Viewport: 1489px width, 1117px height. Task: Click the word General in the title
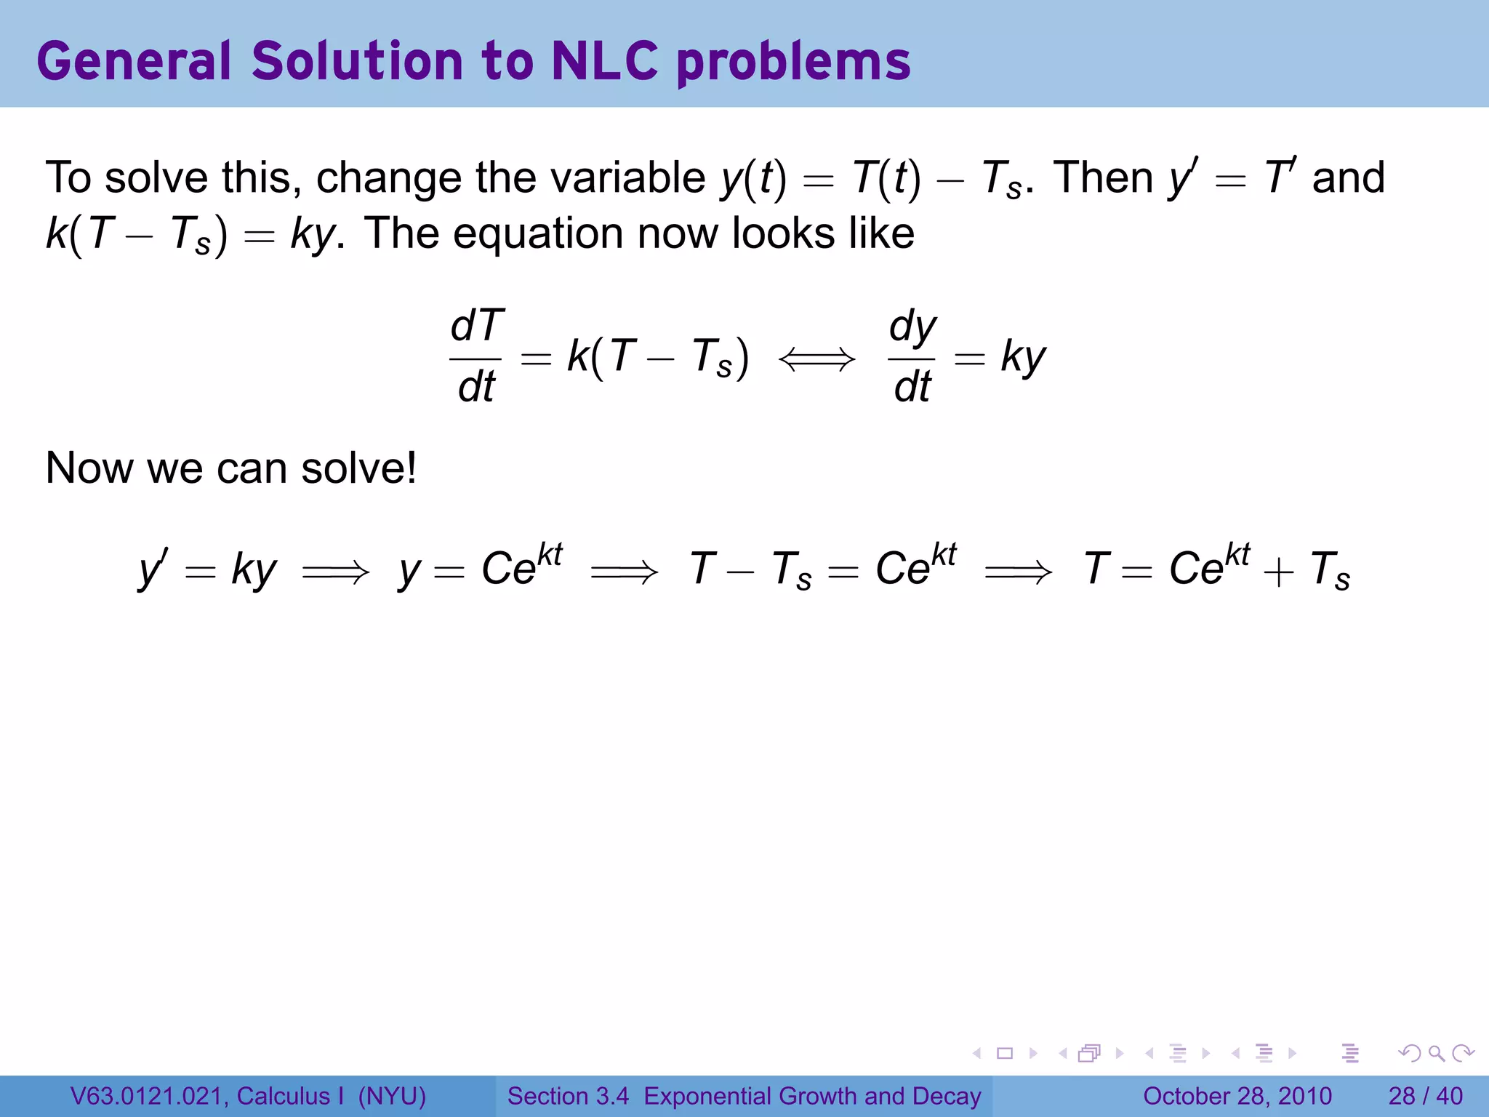click(x=134, y=61)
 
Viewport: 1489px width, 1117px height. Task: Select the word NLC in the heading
click(x=604, y=61)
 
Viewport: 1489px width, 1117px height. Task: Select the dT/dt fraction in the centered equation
click(x=476, y=356)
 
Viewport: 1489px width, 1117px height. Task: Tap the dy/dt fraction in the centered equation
click(x=912, y=356)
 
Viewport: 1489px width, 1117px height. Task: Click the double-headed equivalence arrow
click(x=817, y=359)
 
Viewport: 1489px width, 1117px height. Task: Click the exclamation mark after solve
click(x=412, y=467)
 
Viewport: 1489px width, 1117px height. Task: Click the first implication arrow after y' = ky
click(x=336, y=572)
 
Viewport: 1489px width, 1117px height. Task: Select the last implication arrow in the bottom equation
click(x=1018, y=572)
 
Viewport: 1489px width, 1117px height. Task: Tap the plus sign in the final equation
click(x=1278, y=572)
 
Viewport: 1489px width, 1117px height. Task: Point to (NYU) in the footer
click(x=392, y=1096)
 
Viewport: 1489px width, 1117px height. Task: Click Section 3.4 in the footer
click(x=568, y=1096)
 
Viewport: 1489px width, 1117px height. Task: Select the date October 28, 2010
click(x=1237, y=1096)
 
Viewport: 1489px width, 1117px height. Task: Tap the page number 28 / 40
click(x=1425, y=1096)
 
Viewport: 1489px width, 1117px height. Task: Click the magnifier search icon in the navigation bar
click(x=1436, y=1053)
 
